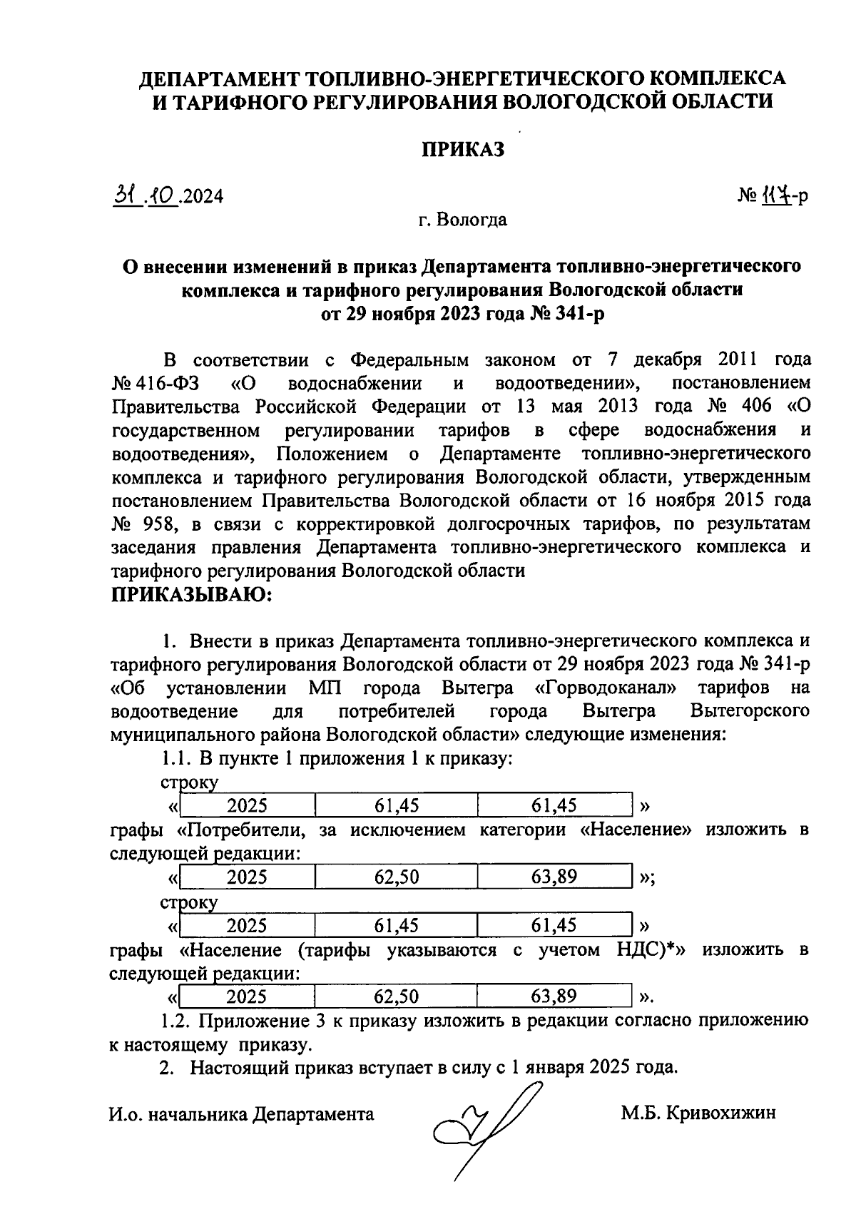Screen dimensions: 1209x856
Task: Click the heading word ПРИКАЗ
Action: click(x=462, y=149)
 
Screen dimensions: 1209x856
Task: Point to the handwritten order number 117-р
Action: click(x=783, y=195)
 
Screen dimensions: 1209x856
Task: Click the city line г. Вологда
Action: click(x=462, y=220)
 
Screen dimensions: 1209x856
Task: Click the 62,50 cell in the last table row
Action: click(x=397, y=996)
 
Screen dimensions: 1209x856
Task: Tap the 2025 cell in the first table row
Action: click(x=247, y=806)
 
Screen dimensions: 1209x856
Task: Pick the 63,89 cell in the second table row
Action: click(x=554, y=877)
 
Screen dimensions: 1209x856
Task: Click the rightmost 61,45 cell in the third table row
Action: click(x=554, y=925)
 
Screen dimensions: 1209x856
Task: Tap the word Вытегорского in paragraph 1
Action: click(x=750, y=711)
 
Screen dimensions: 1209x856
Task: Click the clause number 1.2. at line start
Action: click(x=176, y=1020)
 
